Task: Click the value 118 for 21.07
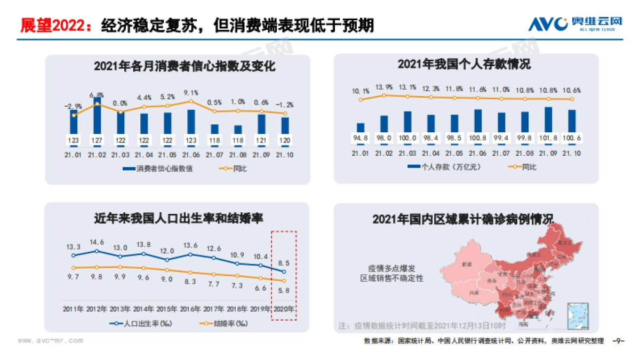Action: tap(214, 140)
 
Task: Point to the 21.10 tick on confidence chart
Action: tap(285, 155)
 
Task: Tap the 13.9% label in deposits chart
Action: tap(384, 86)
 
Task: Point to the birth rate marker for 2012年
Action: tap(97, 251)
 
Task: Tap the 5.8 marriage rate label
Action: tap(284, 291)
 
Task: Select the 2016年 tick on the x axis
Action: tap(190, 309)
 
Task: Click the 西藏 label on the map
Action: tap(473, 293)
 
